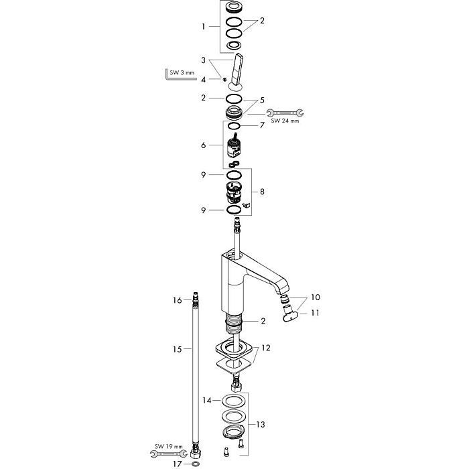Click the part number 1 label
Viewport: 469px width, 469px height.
coord(204,27)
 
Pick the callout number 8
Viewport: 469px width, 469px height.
coord(262,192)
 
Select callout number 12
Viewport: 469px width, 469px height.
coord(266,348)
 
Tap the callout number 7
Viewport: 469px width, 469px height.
coord(262,125)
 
